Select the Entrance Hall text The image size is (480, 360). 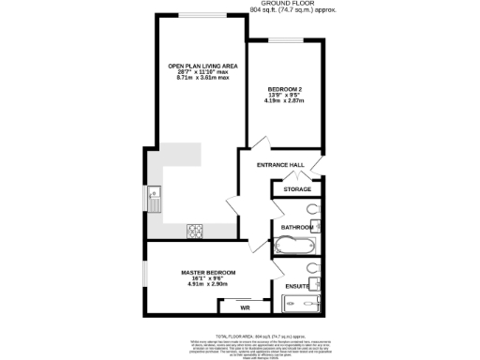(x=284, y=164)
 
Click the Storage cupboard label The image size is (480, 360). (x=297, y=190)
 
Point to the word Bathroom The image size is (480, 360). (x=296, y=227)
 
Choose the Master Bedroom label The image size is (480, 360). (x=207, y=272)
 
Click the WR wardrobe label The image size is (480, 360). (x=245, y=307)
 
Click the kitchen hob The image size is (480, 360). (x=196, y=230)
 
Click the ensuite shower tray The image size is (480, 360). (x=302, y=303)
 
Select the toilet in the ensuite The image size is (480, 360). (x=313, y=266)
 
